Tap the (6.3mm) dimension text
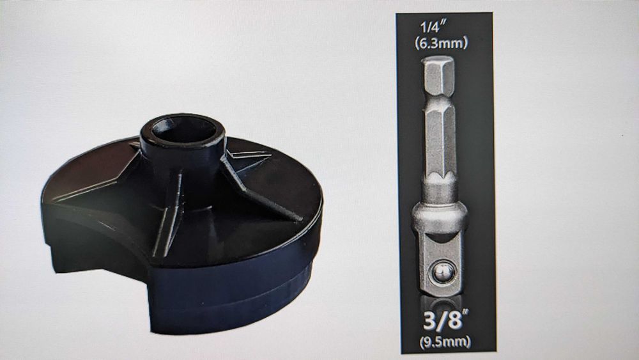pyautogui.click(x=441, y=43)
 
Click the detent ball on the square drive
pyautogui.click(x=443, y=272)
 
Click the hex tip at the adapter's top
pyautogui.click(x=438, y=77)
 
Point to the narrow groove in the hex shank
pyautogui.click(x=439, y=102)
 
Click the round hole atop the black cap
pyautogui.click(x=184, y=130)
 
